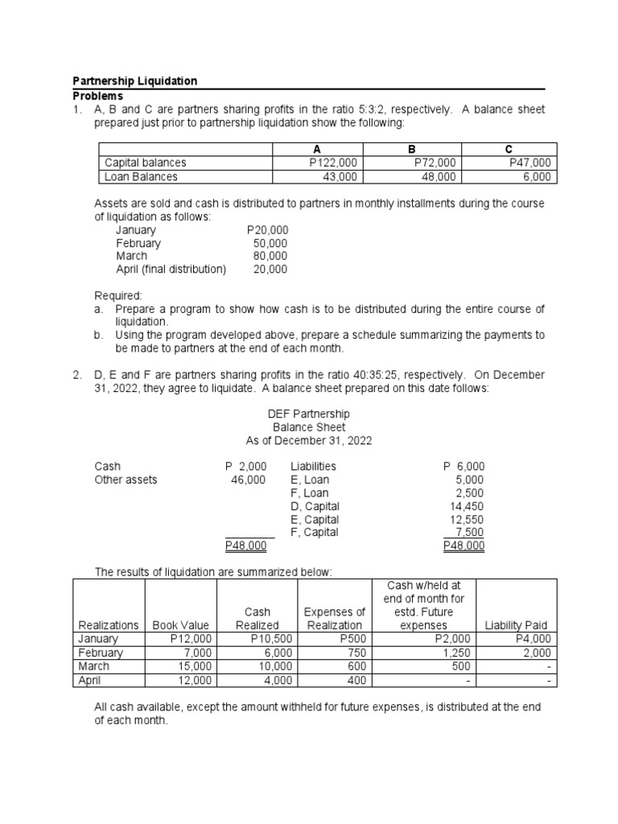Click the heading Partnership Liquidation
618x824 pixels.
click(135, 81)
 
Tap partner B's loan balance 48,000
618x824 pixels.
click(438, 176)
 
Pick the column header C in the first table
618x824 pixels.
click(508, 149)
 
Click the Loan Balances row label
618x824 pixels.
click(142, 176)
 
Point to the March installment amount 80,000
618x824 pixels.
click(270, 256)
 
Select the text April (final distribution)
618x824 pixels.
click(171, 269)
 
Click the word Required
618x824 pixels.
click(118, 295)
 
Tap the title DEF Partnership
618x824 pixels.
click(308, 414)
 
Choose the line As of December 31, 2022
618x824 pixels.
click(308, 440)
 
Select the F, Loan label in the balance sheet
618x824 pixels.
click(309, 492)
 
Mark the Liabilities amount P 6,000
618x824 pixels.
click(464, 466)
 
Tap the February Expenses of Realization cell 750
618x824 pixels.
click(356, 653)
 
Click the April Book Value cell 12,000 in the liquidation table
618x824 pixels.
click(193, 680)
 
